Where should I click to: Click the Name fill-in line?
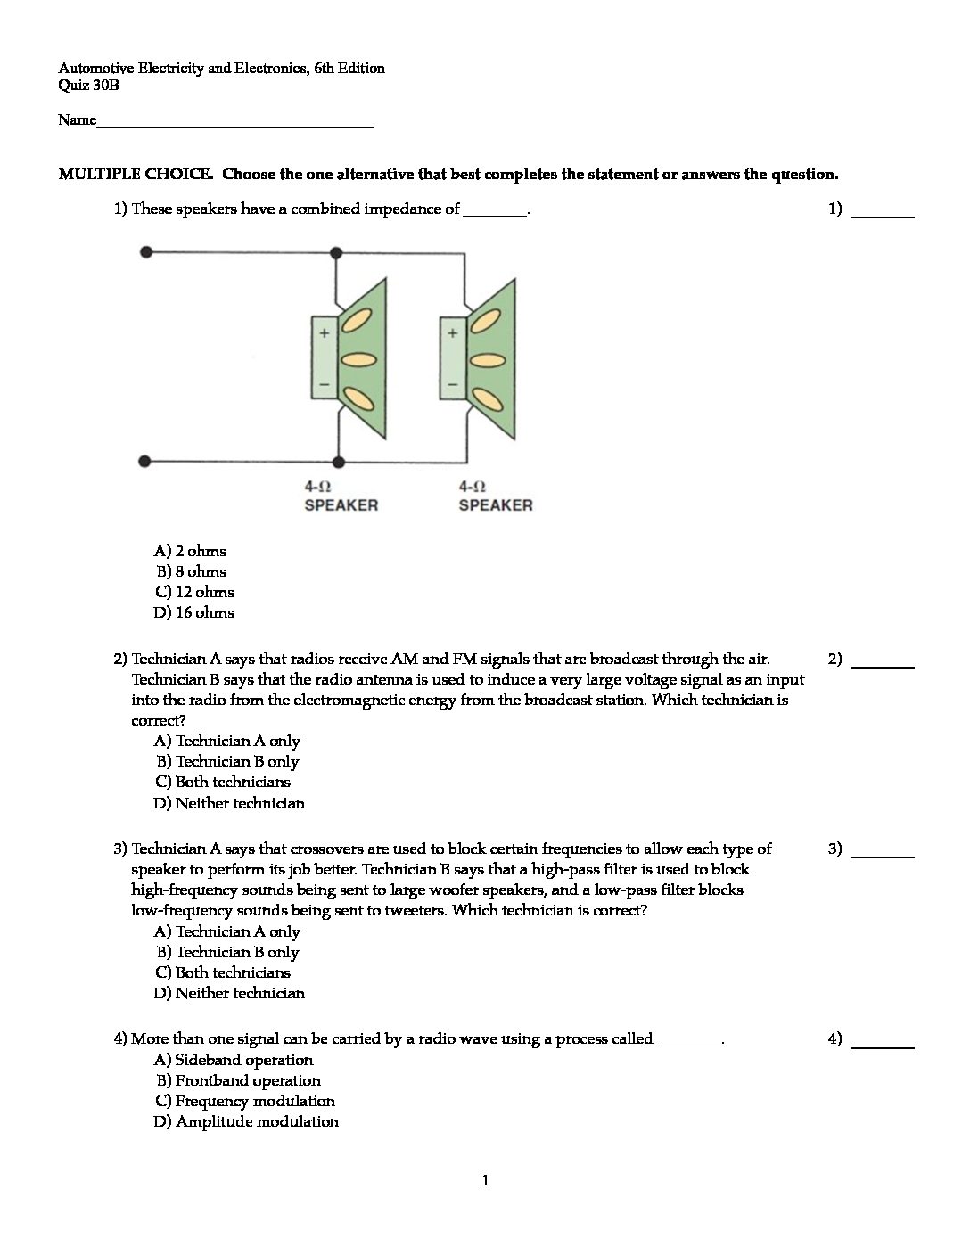(235, 126)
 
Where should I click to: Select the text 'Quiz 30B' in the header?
(88, 86)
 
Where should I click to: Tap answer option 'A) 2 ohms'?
(190, 551)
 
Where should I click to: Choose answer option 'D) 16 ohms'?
(193, 612)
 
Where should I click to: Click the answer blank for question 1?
(883, 215)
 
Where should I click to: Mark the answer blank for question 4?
(883, 1045)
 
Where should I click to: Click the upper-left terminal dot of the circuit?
(144, 252)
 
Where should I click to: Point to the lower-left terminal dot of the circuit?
(144, 461)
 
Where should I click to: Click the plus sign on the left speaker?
(325, 333)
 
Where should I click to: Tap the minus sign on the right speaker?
(453, 384)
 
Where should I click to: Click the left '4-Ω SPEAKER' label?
(341, 496)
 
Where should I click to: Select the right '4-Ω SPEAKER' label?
(495, 496)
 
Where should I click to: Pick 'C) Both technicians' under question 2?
(223, 782)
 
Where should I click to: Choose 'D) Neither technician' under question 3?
(229, 993)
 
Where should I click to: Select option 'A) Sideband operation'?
(234, 1060)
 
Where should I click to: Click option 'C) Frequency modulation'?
(244, 1101)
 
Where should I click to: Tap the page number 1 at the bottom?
(485, 1181)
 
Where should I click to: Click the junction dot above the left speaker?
(336, 252)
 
